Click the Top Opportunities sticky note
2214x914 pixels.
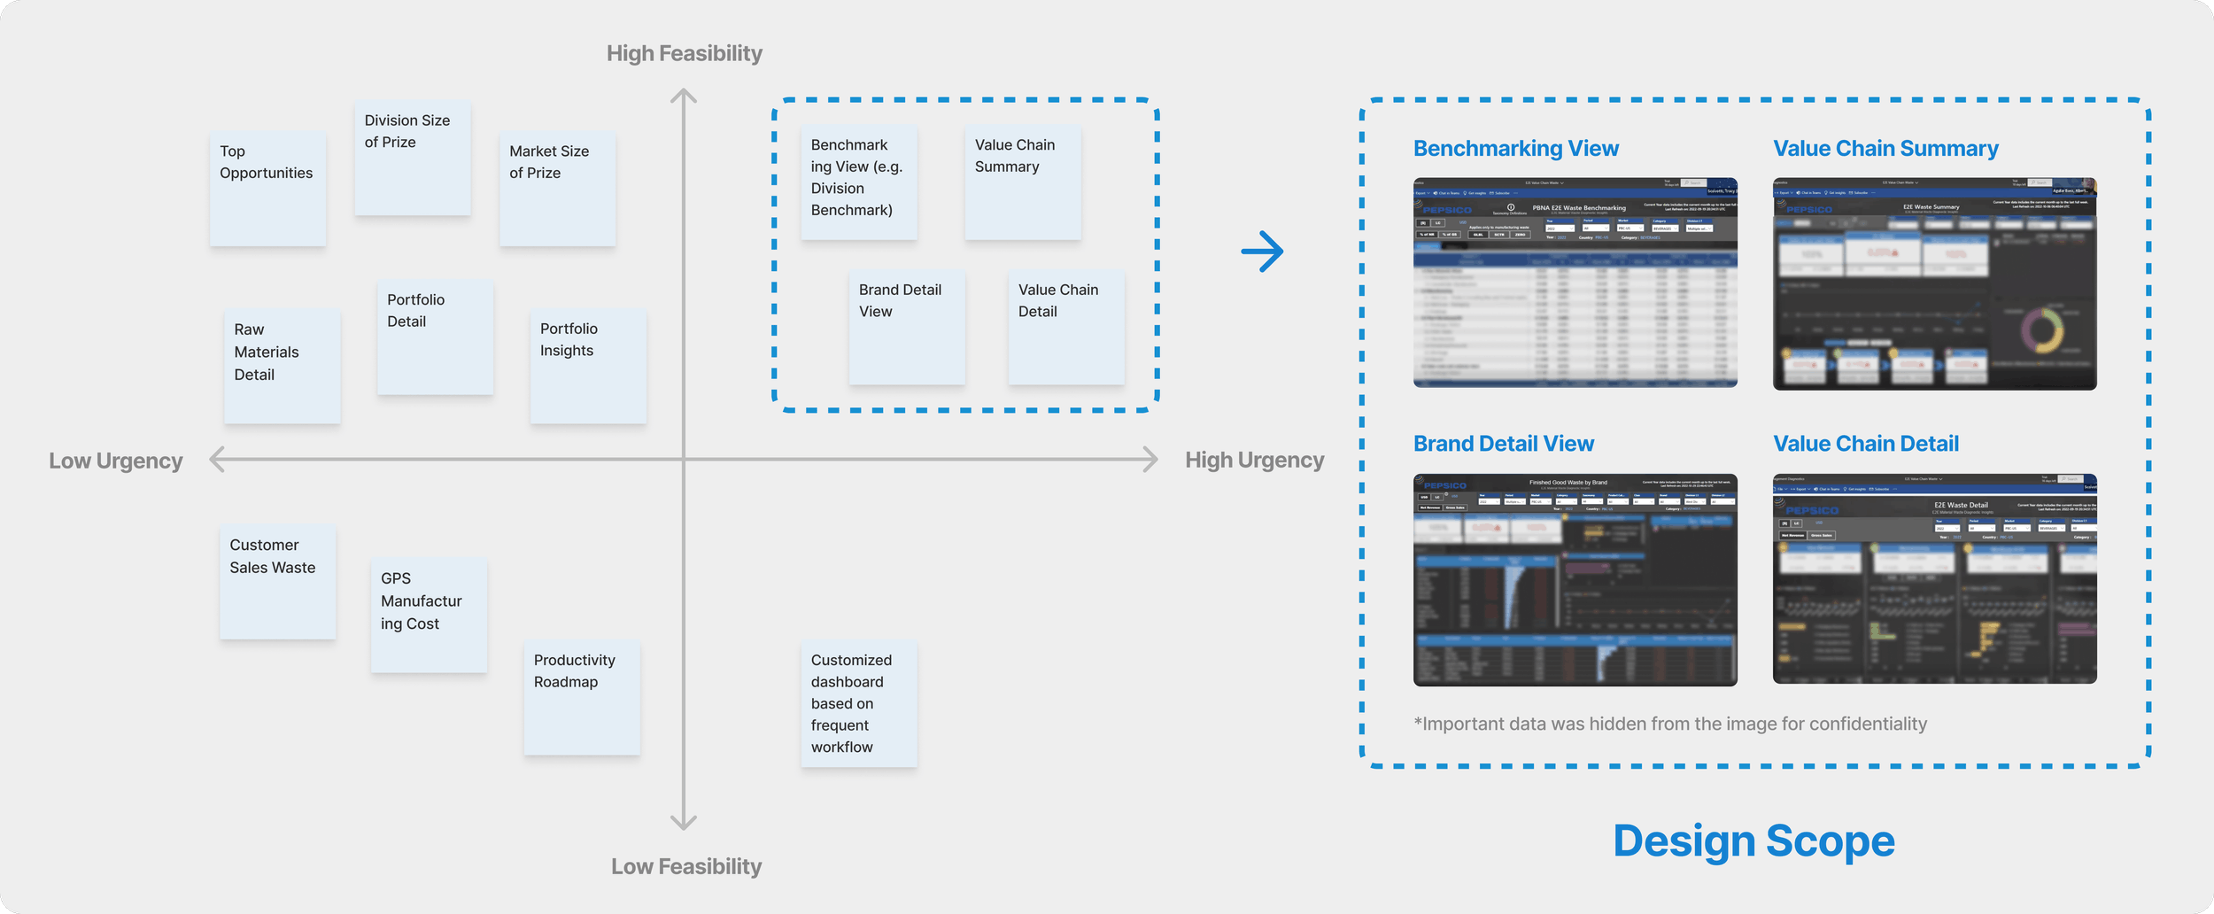267,189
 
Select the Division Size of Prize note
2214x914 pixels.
412,159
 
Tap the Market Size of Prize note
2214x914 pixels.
557,189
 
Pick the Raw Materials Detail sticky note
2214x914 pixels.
282,365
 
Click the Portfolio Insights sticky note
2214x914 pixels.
588,365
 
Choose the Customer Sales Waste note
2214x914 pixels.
277,581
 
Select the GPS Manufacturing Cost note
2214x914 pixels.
429,614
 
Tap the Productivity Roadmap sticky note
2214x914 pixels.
581,697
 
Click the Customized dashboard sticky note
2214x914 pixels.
858,704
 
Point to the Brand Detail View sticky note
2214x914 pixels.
906,327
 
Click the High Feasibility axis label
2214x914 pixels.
684,54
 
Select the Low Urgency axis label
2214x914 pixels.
116,461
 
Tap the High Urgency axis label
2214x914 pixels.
1254,460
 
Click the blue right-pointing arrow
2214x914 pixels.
1262,252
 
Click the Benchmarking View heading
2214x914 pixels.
1515,149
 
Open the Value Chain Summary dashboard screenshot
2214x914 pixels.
1934,283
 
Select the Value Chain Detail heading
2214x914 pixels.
1865,444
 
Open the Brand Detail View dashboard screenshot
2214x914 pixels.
1575,579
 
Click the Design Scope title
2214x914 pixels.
1753,840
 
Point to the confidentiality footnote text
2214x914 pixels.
1669,724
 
